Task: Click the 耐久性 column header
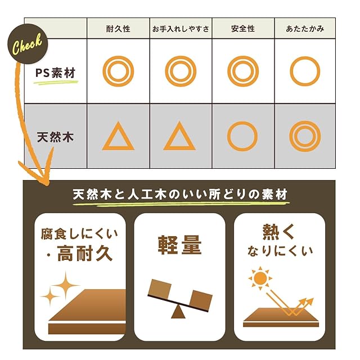click(x=118, y=29)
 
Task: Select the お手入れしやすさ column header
click(x=181, y=29)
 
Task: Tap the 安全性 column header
click(x=243, y=29)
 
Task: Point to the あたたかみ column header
click(x=305, y=29)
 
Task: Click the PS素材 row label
click(x=55, y=73)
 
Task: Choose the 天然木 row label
click(x=55, y=137)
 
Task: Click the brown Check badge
click(x=28, y=44)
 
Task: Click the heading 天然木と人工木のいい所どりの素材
click(x=180, y=195)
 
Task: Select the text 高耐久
click(x=85, y=253)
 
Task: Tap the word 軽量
click(x=179, y=245)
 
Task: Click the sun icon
click(x=260, y=278)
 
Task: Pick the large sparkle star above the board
click(x=66, y=285)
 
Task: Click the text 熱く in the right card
click(x=278, y=232)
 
